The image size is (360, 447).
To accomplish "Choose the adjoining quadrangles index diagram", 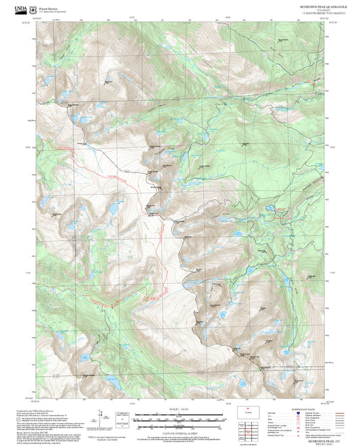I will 249,428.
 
